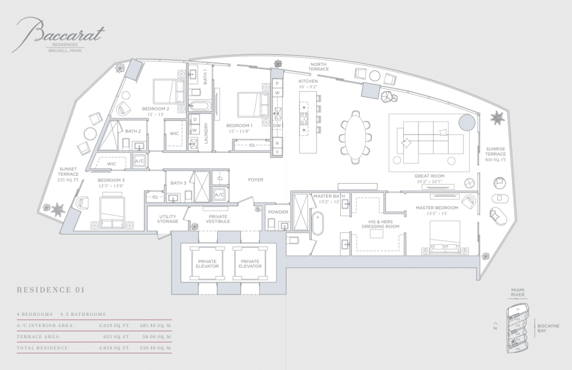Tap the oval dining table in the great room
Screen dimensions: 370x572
tap(356, 137)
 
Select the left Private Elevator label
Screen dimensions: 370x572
tap(207, 263)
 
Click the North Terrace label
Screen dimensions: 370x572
tap(320, 66)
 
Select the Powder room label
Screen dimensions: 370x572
tap(278, 212)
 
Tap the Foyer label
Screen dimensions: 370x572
tap(256, 180)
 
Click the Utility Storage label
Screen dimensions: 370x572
tap(168, 219)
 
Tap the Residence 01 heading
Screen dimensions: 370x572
tap(50, 290)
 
